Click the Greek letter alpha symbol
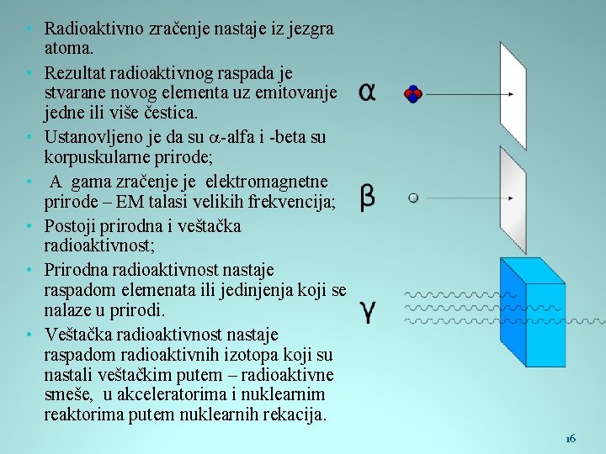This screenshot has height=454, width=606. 367,92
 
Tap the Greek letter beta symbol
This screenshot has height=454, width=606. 367,198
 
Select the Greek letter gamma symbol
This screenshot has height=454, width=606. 368,311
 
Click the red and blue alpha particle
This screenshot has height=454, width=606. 412,94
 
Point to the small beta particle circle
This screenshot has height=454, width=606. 412,198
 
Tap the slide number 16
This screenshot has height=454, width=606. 571,438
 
